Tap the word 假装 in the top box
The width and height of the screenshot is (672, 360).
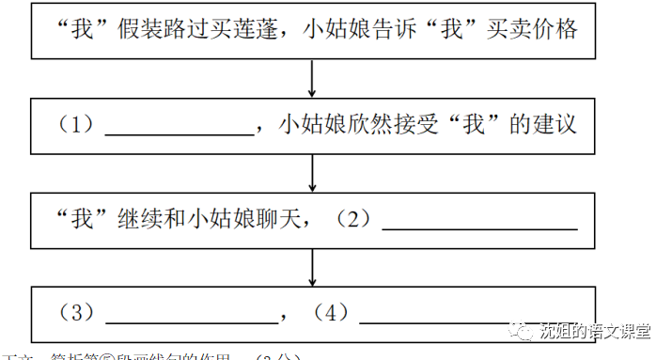point(140,29)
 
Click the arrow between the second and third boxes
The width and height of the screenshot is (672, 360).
point(312,172)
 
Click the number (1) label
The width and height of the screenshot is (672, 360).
point(77,125)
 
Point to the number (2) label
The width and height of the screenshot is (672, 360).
point(354,220)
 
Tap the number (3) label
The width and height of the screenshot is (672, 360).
point(77,313)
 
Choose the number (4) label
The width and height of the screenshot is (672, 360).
point(331,313)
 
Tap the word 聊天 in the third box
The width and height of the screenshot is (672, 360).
point(278,220)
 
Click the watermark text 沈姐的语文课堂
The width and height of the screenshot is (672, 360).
point(594,331)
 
